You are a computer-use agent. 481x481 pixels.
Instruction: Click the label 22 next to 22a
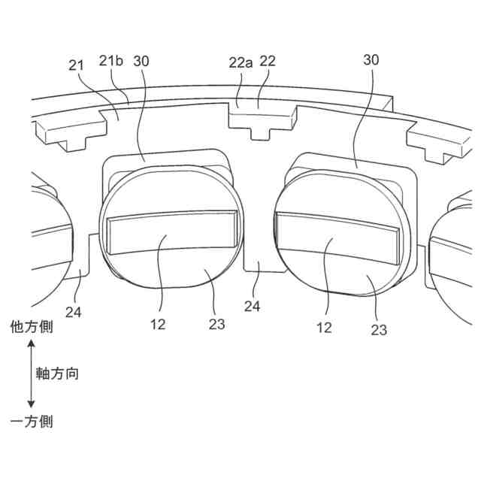point(268,62)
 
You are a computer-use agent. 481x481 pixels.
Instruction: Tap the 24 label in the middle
point(253,307)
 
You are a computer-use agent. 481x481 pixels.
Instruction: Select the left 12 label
point(158,324)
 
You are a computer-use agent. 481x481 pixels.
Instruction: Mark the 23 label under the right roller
point(379,328)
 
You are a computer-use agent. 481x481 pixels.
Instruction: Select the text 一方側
point(32,422)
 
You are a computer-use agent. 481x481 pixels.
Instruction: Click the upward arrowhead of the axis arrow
point(32,345)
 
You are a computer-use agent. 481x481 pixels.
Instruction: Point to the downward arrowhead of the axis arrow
point(32,404)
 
